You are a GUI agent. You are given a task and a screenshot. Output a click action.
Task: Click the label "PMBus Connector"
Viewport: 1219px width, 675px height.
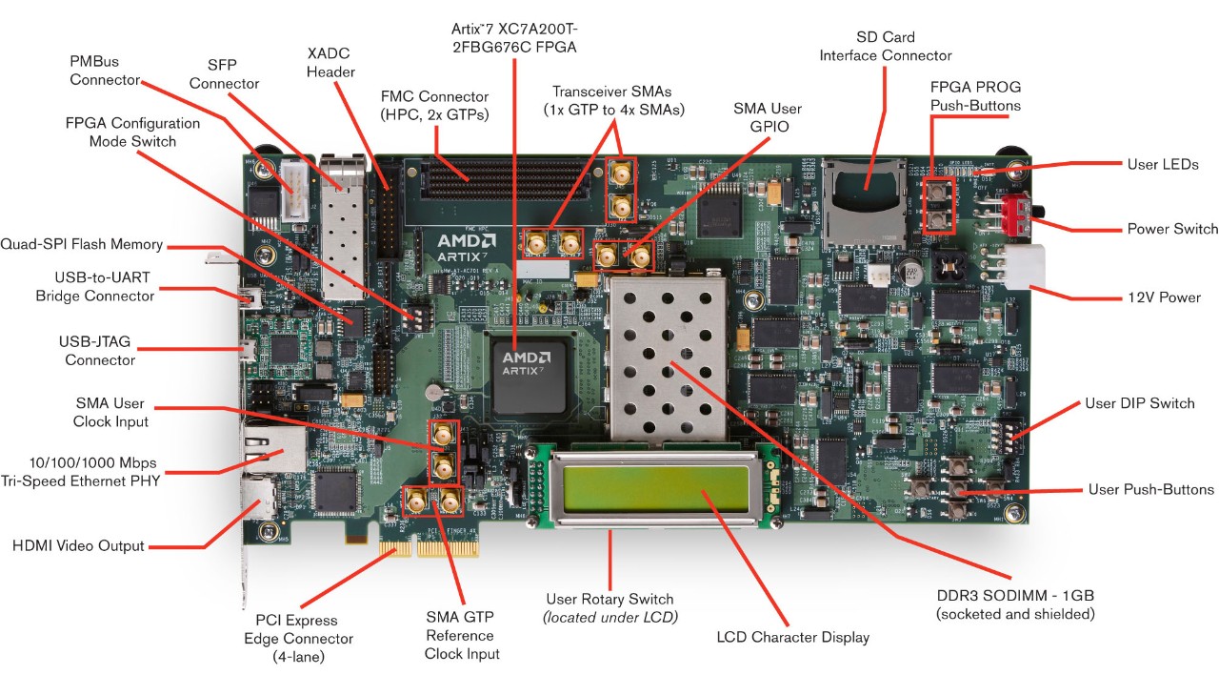pos(105,71)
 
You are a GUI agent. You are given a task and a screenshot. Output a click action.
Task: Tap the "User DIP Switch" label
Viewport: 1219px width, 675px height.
pos(1139,403)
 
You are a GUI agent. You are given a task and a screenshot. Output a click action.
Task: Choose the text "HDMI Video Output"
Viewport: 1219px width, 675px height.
pos(78,546)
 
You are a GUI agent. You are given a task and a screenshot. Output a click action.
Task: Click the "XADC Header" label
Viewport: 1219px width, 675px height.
pos(330,62)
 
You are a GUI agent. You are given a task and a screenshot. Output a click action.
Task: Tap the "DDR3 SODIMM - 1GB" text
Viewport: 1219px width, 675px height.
pos(1014,604)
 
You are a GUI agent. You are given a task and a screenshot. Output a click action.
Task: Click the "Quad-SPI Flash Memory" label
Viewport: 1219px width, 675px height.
pos(81,244)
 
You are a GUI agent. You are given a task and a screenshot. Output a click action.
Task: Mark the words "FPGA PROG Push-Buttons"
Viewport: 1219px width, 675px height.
pos(975,96)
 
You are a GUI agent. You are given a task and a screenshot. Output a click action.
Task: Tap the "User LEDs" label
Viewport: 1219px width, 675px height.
pos(1163,164)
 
